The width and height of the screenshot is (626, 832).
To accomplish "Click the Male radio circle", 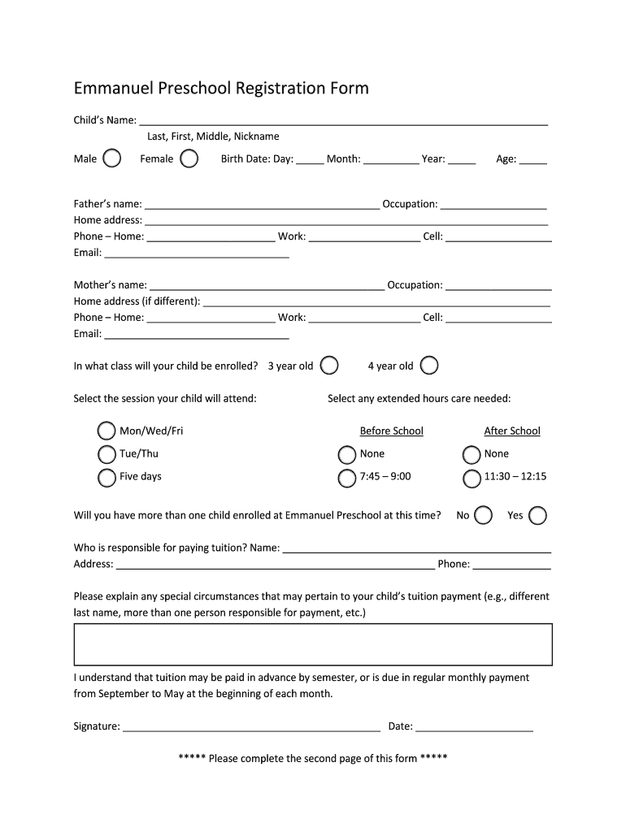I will point(112,158).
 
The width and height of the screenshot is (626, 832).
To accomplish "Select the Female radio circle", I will point(189,158).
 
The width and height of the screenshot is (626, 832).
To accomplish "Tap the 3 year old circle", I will point(328,366).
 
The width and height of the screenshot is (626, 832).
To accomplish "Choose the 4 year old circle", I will point(428,366).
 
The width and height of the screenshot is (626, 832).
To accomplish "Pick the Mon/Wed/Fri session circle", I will point(107,431).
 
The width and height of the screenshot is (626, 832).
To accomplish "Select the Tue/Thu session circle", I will point(107,454).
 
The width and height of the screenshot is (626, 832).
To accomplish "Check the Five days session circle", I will point(107,477).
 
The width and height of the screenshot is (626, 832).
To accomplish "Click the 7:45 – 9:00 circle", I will point(347,478).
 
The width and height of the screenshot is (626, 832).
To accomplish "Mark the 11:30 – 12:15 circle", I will point(472,478).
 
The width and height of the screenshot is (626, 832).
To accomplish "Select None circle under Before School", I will point(347,454).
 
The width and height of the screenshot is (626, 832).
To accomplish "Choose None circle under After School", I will point(472,454).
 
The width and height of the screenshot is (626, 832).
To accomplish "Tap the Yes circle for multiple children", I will point(537,515).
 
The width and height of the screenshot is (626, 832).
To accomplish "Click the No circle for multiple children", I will point(483,515).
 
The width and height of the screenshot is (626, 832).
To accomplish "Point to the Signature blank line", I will point(250,728).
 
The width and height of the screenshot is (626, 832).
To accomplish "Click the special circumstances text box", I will point(313,644).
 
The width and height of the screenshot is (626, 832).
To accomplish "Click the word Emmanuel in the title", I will point(120,88).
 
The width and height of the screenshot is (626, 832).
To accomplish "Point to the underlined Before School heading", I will point(391,431).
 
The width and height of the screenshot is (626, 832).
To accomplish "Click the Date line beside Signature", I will point(474,728).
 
